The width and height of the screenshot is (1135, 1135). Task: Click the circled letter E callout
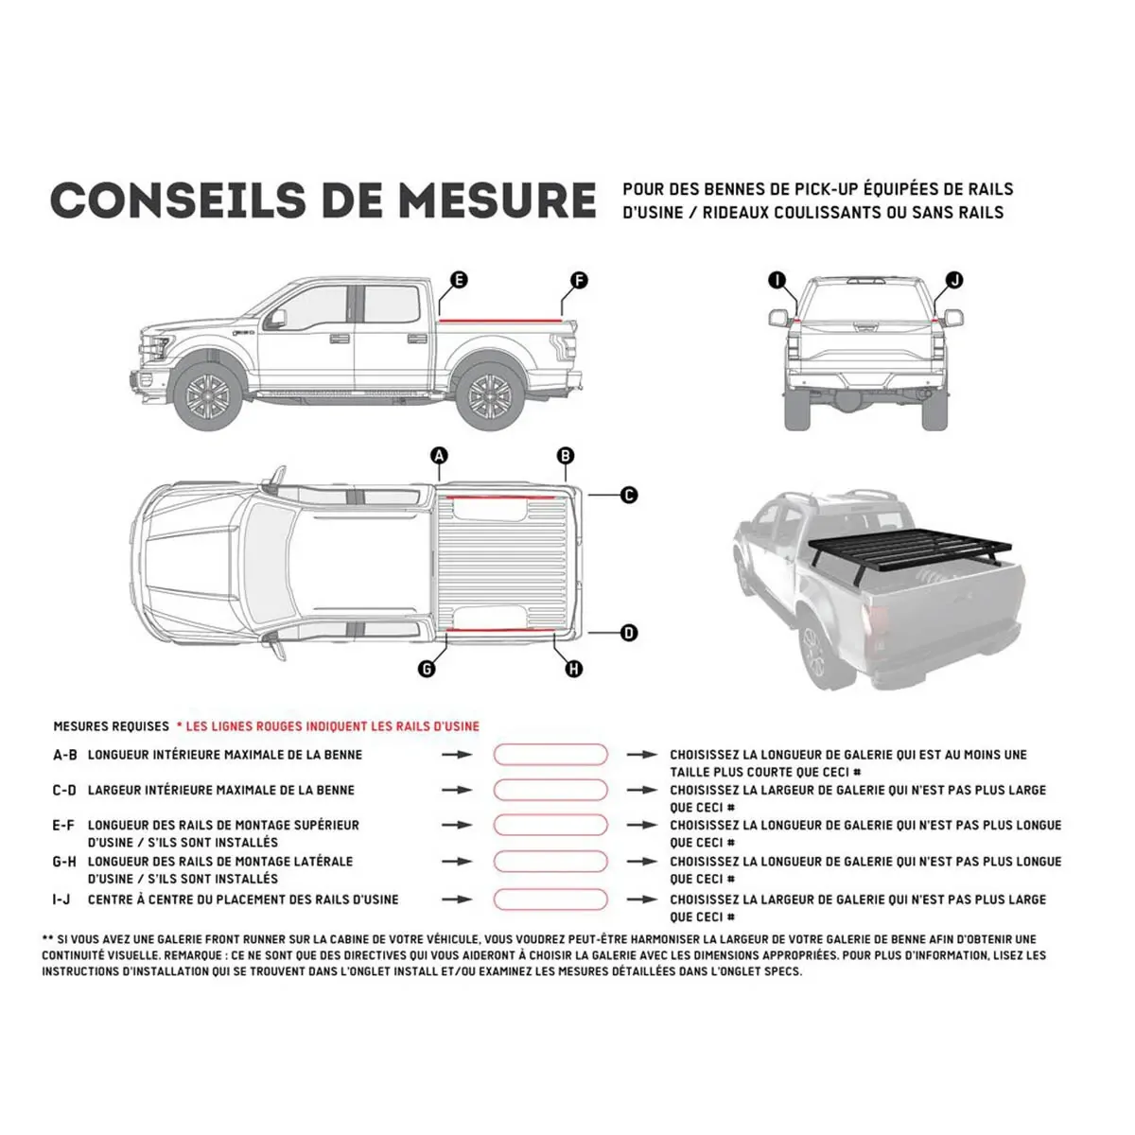point(459,280)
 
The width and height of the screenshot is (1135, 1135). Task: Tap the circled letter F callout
point(579,280)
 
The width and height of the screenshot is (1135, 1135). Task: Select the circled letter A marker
point(439,456)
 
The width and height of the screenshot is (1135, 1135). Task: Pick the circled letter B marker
point(566,456)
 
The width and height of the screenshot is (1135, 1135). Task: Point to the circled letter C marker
point(629,495)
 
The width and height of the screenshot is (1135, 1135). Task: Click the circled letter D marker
point(629,634)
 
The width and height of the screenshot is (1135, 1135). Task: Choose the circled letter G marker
point(427,669)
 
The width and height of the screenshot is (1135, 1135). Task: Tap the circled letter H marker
point(573,669)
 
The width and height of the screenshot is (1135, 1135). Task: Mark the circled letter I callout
point(777,280)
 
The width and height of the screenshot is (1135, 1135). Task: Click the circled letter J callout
point(954,280)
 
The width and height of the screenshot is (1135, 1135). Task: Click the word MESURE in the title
point(497,201)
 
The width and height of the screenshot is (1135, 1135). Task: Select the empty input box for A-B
point(550,755)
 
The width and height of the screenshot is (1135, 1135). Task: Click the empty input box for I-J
point(550,899)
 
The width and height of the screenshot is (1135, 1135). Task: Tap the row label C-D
point(64,790)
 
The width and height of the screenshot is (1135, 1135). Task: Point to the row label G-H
point(64,862)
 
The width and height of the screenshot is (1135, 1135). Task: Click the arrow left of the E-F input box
point(458,826)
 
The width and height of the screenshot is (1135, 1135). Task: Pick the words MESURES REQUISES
point(111,726)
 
